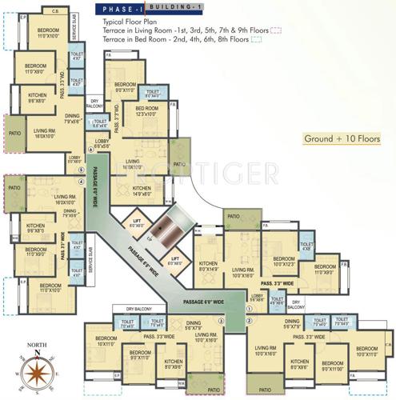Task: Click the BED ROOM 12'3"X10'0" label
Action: click(x=146, y=111)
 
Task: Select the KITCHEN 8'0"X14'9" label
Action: click(x=208, y=266)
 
